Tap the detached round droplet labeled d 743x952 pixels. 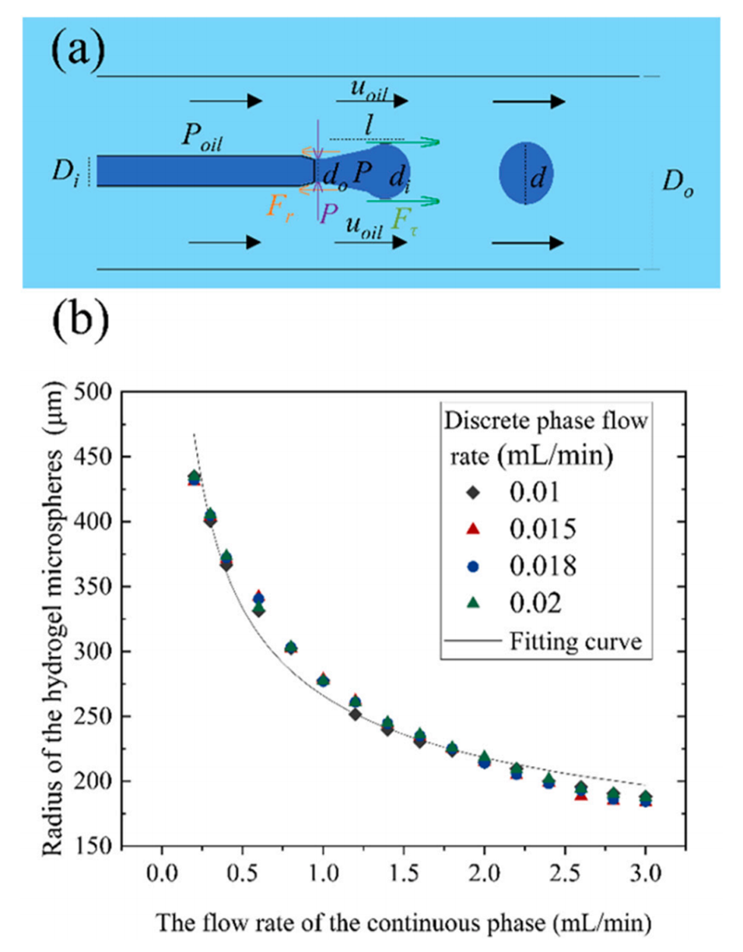pyautogui.click(x=526, y=174)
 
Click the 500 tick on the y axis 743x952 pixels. pyautogui.click(x=101, y=392)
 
